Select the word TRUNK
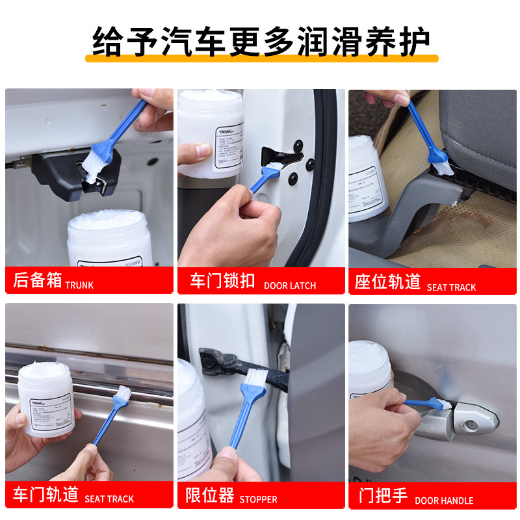click(79, 285)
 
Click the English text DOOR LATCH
click(289, 285)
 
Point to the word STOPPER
click(258, 500)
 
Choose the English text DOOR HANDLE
click(444, 500)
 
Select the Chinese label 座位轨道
click(387, 282)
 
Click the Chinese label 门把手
click(383, 496)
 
